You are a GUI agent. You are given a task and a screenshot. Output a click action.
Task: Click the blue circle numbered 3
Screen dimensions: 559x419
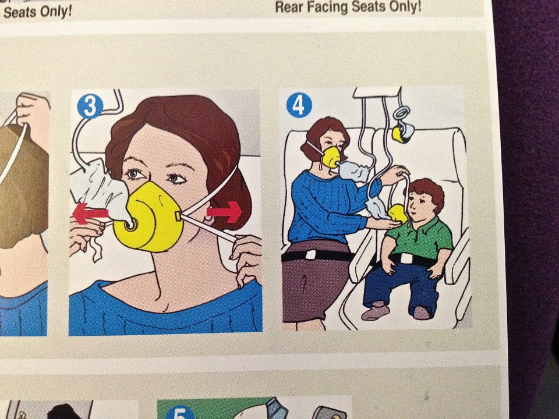click(90, 106)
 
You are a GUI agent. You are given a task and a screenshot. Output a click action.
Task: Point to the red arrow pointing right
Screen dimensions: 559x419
click(225, 212)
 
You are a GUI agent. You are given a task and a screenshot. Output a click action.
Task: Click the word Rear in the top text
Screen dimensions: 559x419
click(289, 6)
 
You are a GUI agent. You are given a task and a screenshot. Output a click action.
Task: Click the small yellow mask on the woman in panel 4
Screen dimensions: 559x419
click(331, 157)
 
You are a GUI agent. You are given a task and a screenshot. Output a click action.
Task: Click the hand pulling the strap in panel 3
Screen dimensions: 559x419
click(246, 259)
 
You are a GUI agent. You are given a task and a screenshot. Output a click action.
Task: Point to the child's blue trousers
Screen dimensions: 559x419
click(401, 286)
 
